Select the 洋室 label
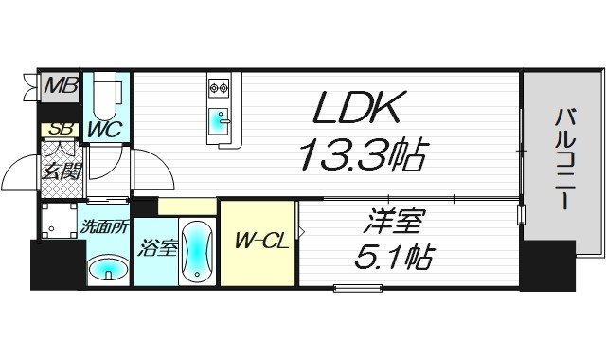[x=391, y=226]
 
